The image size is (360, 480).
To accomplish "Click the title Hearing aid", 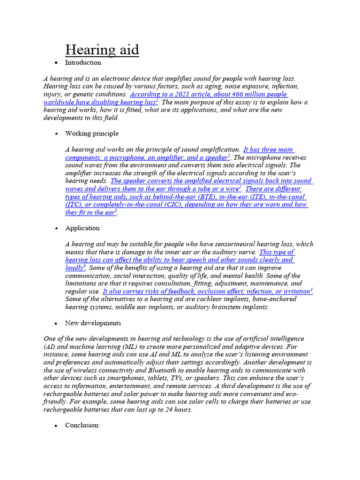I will (x=102, y=50).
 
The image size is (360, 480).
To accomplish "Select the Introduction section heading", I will (x=83, y=62).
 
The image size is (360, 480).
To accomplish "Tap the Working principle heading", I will (x=92, y=134).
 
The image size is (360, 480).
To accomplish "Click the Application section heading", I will (x=82, y=228).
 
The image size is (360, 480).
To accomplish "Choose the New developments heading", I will (x=93, y=323).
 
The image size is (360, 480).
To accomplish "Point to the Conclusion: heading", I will (x=83, y=425).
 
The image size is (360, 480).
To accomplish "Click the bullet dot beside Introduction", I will (x=56, y=63).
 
